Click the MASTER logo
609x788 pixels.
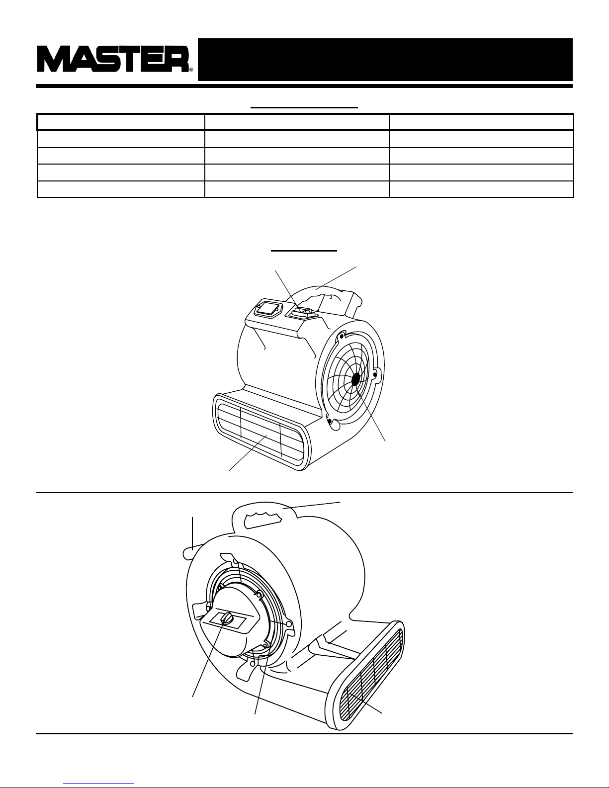point(114,59)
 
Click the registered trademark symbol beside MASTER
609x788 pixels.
point(191,70)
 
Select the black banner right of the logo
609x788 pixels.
point(385,59)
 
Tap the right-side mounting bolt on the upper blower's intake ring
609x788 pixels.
point(374,370)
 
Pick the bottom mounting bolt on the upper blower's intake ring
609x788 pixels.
point(329,421)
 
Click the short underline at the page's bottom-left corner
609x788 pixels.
point(99,783)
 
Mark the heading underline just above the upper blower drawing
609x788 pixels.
point(304,251)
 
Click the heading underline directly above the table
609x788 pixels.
point(304,107)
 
